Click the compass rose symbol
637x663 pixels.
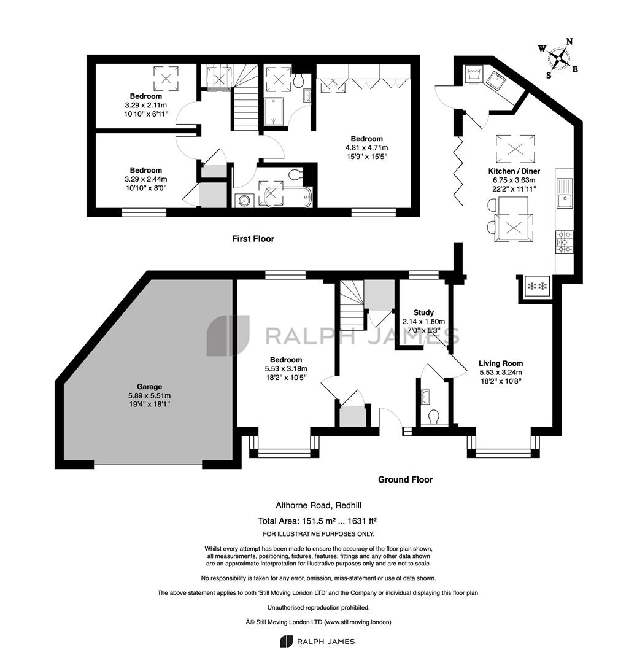559,58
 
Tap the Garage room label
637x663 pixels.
149,387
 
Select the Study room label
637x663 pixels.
423,312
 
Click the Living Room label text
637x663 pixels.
501,363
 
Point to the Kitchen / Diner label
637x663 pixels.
514,171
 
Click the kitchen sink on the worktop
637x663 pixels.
565,193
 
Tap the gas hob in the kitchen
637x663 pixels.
565,242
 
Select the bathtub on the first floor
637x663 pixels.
288,198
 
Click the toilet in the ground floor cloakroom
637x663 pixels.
433,417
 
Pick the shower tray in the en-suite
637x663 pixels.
274,112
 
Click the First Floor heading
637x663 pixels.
253,238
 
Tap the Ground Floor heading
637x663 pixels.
406,479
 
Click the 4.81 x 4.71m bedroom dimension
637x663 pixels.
366,148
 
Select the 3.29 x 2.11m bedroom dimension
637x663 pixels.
145,106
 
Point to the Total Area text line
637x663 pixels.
317,521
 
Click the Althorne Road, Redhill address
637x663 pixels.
318,505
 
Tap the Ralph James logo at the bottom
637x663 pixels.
317,642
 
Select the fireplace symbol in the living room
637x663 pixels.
537,287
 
